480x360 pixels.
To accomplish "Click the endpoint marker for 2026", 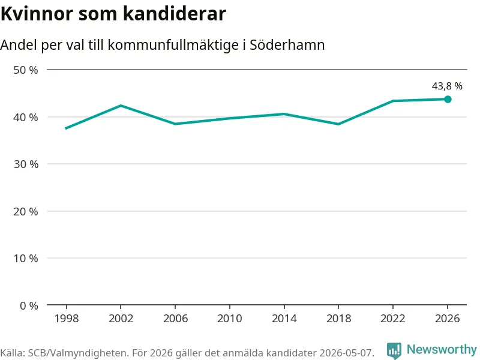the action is click(448, 99).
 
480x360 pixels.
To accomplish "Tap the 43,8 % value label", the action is click(447, 86).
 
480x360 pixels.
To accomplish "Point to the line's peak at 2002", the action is click(121, 106).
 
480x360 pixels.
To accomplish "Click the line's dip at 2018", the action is click(338, 124).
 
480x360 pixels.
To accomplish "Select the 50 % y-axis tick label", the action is click(26, 70).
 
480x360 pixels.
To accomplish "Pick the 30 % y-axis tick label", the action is click(26, 164).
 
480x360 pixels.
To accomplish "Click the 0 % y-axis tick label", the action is click(29, 305).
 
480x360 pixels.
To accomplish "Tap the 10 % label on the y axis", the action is click(26, 259).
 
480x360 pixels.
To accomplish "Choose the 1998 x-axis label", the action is click(67, 319).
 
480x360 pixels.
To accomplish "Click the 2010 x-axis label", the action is click(230, 319).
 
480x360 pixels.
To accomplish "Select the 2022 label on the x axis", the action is click(393, 319).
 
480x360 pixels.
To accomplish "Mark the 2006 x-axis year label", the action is click(175, 319).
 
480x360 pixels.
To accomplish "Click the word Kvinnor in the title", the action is click(37, 14).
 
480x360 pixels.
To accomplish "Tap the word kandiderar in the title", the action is click(175, 14).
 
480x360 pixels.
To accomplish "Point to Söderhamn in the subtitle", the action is click(287, 45).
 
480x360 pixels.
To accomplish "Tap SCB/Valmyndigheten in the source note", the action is click(77, 353).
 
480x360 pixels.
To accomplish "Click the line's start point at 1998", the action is click(66, 128).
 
